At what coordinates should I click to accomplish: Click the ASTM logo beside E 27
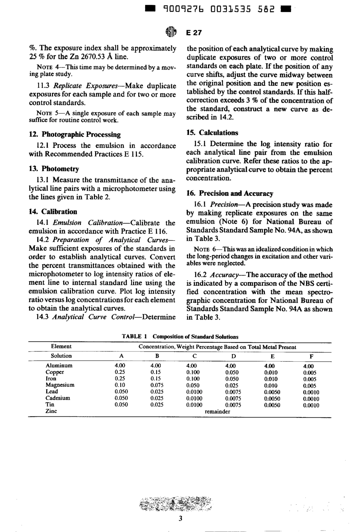coord(171,33)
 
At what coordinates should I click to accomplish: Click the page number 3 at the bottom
coord(180,518)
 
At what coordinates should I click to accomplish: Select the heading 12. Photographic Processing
coord(75,134)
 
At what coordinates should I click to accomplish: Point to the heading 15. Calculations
coord(213,133)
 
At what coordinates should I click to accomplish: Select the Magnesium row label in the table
coord(60,385)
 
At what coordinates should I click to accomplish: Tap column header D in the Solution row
coord(233,356)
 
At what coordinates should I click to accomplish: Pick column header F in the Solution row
coord(311,356)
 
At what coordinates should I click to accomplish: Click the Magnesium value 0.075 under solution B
coord(156,385)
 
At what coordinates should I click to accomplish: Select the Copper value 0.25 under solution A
coord(120,372)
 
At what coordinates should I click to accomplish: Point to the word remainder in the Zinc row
coord(217,411)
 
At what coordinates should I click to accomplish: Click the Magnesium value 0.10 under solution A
coord(120,385)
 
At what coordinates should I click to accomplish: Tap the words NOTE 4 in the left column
coord(47,67)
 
